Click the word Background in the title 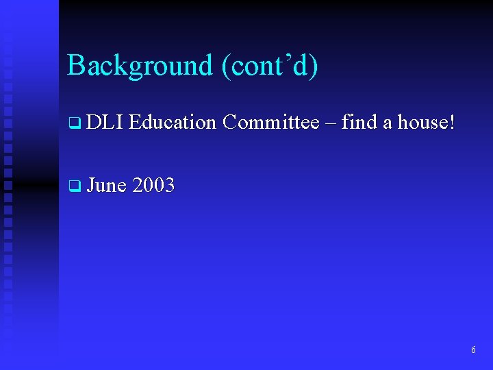point(140,66)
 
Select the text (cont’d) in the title point(269,66)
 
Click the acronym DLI point(104,123)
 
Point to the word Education point(172,123)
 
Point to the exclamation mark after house point(451,123)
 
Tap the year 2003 point(153,185)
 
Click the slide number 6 point(473,350)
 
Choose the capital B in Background point(75,66)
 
